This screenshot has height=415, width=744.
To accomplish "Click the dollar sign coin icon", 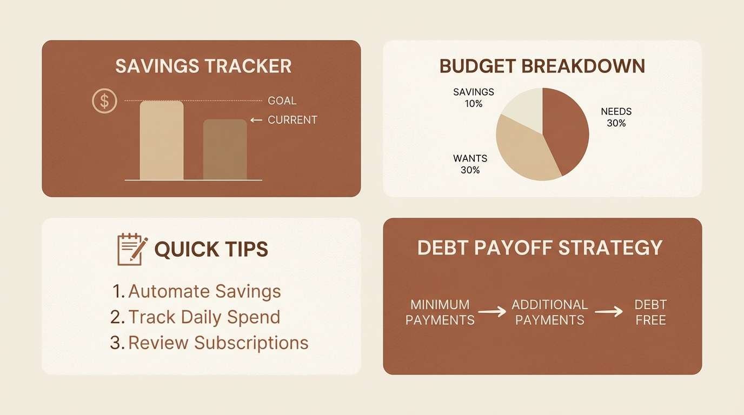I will tap(104, 101).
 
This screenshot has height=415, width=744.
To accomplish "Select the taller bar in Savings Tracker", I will tap(162, 140).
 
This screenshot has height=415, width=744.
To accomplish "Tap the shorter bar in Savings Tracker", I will tap(225, 150).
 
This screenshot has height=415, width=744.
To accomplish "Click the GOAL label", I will tap(282, 101).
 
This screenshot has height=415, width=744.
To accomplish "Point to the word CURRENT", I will tap(293, 120).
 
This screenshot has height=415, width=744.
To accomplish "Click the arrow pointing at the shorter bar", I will tap(256, 120).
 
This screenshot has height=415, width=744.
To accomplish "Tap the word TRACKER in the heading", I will tap(248, 66).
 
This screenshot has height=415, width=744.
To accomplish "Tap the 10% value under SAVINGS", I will tap(474, 103).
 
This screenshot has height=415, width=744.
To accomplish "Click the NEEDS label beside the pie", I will tap(616, 112).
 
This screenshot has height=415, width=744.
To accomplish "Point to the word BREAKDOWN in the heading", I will tap(583, 66).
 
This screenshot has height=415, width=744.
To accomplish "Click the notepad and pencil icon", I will tap(132, 249).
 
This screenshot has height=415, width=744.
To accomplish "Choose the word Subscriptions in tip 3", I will tap(251, 343).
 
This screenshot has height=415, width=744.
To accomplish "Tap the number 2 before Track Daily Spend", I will tap(115, 317).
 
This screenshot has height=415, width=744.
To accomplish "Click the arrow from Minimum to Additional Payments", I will tap(493, 312).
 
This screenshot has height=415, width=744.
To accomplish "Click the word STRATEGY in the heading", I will tap(610, 247).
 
